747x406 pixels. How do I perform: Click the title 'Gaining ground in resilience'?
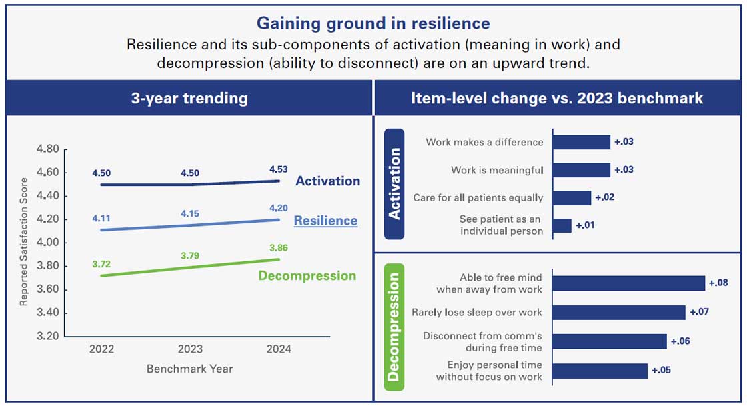(x=373, y=23)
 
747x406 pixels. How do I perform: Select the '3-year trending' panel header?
(x=189, y=99)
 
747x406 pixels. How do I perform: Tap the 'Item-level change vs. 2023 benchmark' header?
(x=557, y=99)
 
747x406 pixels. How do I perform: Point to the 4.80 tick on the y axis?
(x=47, y=149)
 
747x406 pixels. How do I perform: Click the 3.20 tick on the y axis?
(x=47, y=336)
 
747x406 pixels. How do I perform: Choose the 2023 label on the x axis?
(x=189, y=349)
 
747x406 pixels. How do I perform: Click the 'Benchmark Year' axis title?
(x=189, y=369)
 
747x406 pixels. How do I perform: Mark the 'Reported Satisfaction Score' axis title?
(x=23, y=242)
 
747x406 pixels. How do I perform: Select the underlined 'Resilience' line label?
(x=325, y=221)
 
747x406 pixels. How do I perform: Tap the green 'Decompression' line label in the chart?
(x=307, y=276)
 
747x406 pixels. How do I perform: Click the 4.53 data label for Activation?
(x=279, y=169)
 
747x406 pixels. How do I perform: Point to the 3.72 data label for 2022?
(x=102, y=265)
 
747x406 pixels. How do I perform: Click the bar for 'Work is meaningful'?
(x=581, y=170)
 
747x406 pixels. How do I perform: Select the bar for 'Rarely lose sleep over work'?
(x=618, y=313)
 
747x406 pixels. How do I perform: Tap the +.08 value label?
(x=718, y=283)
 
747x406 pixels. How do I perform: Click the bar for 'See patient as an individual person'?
(x=562, y=225)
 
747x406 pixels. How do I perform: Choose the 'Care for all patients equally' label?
(x=478, y=198)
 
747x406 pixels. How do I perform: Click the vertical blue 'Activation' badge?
(x=394, y=184)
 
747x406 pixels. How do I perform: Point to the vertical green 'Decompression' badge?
(x=394, y=327)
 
